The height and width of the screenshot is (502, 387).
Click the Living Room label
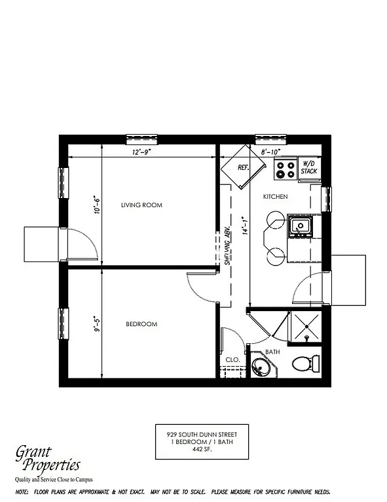141,205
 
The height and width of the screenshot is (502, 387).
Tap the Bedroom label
141,324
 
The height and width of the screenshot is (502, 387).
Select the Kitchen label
276,197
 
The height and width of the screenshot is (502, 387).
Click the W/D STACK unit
309,167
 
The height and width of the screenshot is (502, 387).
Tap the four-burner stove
286,170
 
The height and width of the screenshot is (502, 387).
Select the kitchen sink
301,227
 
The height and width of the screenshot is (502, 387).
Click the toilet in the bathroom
306,363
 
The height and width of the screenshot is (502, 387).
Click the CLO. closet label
232,360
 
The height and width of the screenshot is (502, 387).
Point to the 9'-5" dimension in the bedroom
96,324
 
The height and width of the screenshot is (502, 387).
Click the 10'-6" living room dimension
96,205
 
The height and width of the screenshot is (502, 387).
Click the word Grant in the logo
36,452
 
